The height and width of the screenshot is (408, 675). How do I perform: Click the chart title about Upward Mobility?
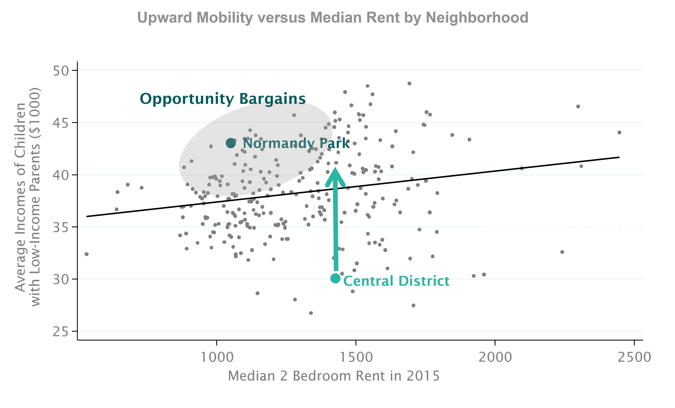(333, 18)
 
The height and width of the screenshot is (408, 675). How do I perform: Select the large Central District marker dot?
(335, 278)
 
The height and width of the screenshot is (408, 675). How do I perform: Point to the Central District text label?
(396, 281)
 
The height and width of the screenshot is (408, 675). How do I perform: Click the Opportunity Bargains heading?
(222, 99)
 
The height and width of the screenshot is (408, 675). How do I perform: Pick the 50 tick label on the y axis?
(61, 71)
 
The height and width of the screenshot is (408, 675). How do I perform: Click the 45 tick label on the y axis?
(61, 123)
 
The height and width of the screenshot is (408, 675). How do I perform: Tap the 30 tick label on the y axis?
(61, 279)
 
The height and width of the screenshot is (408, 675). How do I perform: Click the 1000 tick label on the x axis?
(217, 357)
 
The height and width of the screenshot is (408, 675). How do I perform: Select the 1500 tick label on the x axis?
(356, 357)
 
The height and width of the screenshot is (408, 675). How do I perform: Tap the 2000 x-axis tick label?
(495, 357)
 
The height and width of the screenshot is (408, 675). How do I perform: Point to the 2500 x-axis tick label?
(633, 357)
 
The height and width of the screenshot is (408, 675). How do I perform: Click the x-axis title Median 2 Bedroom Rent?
(333, 376)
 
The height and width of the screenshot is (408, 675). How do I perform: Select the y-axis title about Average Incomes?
(27, 197)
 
